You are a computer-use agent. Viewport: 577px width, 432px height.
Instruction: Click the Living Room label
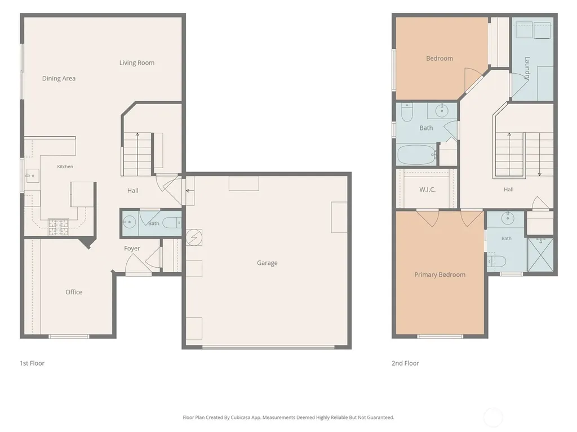[137, 63]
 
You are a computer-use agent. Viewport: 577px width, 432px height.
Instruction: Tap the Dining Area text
[59, 78]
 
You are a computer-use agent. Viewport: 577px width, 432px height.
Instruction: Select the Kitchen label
[65, 166]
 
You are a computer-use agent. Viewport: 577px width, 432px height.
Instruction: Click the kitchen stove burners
[59, 227]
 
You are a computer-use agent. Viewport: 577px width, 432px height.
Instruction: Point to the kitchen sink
[32, 175]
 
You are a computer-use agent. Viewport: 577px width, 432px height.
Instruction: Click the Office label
[74, 292]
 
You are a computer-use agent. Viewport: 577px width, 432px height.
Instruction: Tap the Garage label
[267, 263]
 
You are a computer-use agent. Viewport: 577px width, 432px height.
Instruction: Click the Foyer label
[132, 248]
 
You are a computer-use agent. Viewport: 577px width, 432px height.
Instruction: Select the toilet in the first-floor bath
[172, 223]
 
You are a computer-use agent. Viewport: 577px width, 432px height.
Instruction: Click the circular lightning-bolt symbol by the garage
[194, 237]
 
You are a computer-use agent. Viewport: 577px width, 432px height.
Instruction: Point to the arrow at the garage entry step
[190, 191]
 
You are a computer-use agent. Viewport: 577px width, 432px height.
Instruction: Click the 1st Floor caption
[32, 363]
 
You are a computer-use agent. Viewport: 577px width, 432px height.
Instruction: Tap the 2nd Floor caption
[405, 363]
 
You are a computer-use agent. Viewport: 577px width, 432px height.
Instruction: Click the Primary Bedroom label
[440, 274]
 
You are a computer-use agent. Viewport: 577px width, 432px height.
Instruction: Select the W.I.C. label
[428, 190]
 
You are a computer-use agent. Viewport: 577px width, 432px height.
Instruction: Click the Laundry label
[527, 68]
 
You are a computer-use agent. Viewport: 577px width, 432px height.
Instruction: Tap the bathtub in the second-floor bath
[417, 155]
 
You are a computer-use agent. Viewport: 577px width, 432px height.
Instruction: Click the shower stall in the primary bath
[540, 255]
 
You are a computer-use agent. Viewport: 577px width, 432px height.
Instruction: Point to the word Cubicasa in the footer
[241, 417]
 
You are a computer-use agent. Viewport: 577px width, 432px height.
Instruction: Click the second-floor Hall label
[509, 190]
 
